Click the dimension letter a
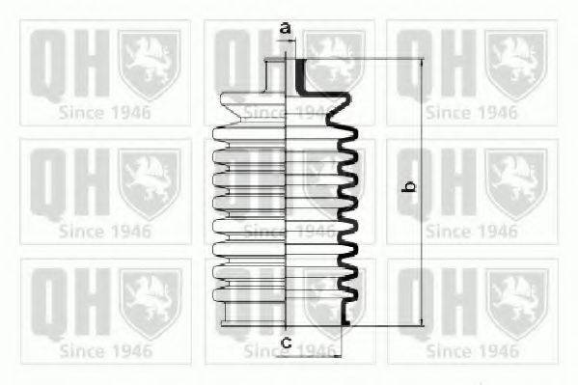[x=285, y=27]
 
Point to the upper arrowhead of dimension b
[x=422, y=64]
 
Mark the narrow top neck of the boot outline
[x=278, y=75]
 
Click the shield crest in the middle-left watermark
[x=149, y=182]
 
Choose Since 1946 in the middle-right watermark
[x=472, y=231]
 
